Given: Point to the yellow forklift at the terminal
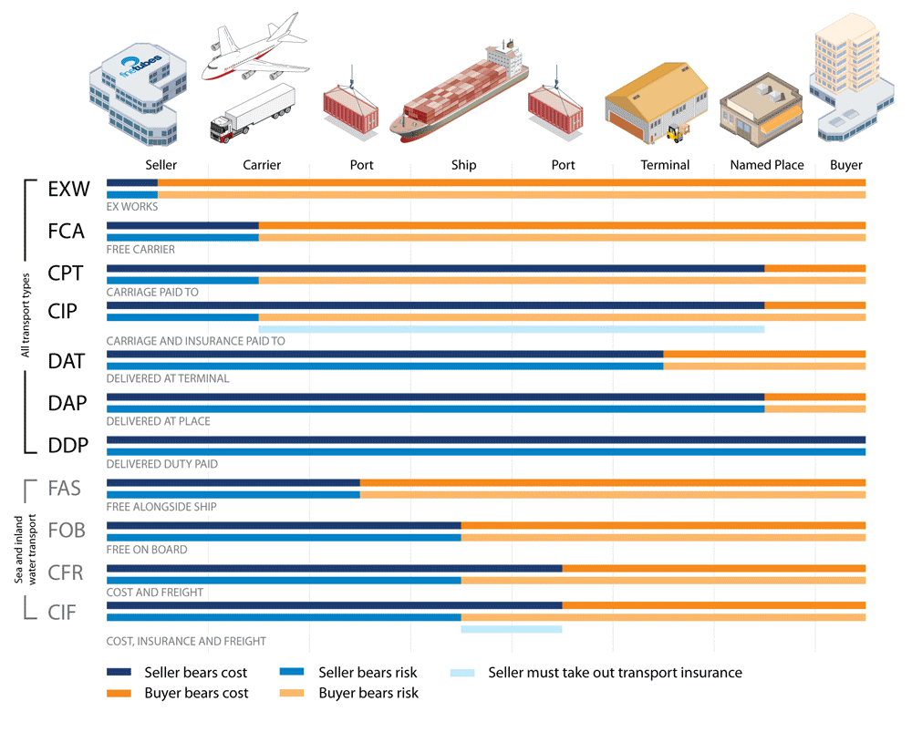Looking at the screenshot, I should click(678, 134).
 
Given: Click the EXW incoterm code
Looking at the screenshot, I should click(69, 191).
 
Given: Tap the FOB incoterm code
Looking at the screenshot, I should click(67, 530).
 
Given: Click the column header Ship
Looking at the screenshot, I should click(463, 165).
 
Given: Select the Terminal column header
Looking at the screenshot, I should click(665, 165).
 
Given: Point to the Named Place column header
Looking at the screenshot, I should click(767, 165).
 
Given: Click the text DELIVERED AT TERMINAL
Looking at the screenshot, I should click(168, 378).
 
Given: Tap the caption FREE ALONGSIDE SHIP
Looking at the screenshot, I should click(161, 506).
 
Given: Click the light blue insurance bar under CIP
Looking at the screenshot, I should click(511, 329).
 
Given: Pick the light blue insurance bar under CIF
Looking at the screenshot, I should click(511, 629).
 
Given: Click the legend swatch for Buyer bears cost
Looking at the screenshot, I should click(119, 693).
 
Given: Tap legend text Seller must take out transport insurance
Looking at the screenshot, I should click(615, 673).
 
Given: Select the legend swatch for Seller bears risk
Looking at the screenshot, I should click(293, 673).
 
